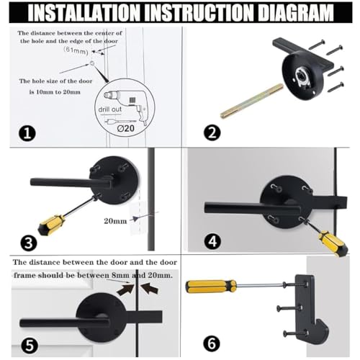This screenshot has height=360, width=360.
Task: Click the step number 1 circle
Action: (x=27, y=133)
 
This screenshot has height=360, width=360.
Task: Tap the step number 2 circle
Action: (x=212, y=132)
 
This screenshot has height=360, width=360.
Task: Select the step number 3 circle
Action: (x=29, y=243)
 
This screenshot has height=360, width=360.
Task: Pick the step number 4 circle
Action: (x=212, y=241)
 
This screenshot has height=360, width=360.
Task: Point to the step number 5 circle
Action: (x=30, y=346)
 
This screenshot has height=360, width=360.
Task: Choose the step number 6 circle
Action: (x=212, y=343)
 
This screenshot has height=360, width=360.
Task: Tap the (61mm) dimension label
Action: (x=76, y=50)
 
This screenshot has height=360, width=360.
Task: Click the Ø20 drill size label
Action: (x=126, y=128)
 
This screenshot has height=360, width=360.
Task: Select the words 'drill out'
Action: (x=110, y=109)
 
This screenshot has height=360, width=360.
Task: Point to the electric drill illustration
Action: (x=125, y=104)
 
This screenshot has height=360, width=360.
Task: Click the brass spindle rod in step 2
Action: (x=252, y=101)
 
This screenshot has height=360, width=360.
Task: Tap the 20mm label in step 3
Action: (x=115, y=221)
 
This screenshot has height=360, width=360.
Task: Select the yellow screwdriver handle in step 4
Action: (x=333, y=243)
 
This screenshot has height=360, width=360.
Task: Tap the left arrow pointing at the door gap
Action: (x=125, y=289)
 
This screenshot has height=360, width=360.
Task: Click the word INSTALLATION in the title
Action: (x=84, y=13)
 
